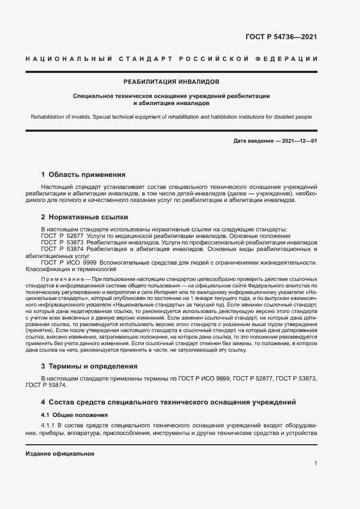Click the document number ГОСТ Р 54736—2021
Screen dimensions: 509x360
coord(282,37)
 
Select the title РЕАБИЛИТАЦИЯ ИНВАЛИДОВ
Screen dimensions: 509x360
coord(171,82)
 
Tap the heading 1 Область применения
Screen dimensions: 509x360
coord(83,175)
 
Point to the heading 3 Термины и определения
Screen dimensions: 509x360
coord(89,366)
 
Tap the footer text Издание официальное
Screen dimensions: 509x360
coord(60,453)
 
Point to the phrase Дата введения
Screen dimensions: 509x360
coord(252,142)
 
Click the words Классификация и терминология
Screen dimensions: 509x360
coord(64,268)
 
